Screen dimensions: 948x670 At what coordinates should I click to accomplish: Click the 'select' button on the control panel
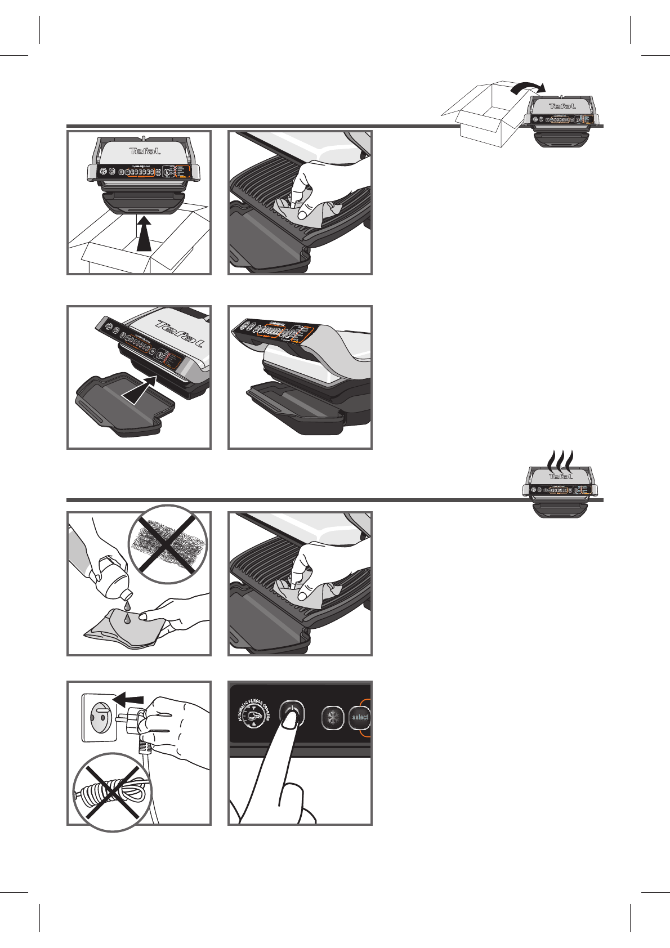tap(360, 717)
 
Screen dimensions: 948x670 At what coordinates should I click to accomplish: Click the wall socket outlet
tap(100, 717)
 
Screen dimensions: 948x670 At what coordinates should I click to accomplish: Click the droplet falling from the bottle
tap(128, 605)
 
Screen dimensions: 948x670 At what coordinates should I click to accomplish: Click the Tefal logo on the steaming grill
tap(560, 477)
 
